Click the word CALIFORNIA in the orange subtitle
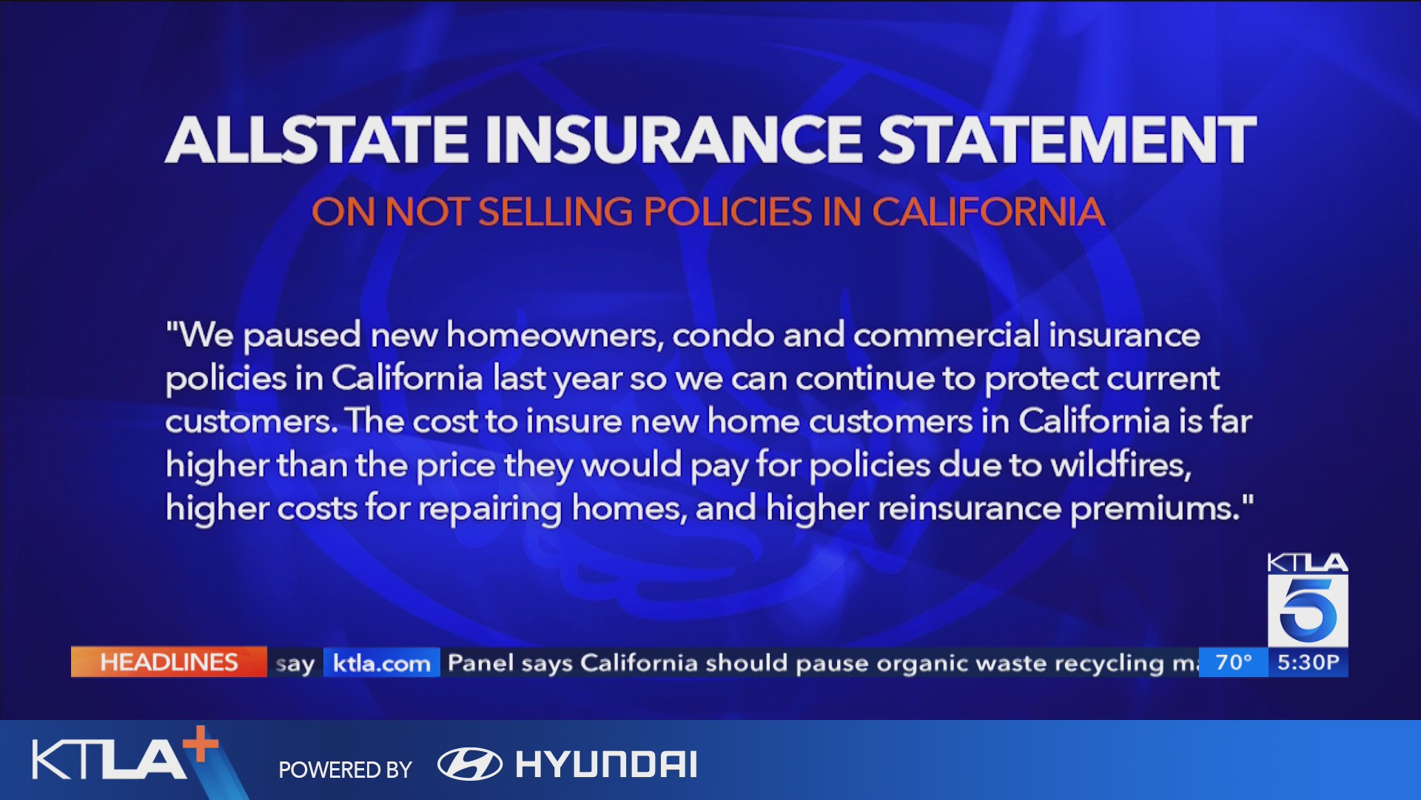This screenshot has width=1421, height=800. (x=988, y=212)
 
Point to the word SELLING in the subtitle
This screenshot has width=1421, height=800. (x=555, y=212)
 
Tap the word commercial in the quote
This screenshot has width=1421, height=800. (x=946, y=336)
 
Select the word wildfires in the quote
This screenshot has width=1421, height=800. (x=1121, y=465)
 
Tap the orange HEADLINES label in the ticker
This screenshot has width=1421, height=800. (x=169, y=662)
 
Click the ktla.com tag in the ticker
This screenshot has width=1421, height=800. (x=382, y=663)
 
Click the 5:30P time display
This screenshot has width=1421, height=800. (x=1308, y=662)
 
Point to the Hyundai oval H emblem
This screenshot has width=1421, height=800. (x=470, y=764)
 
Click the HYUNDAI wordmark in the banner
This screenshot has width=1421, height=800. (x=606, y=764)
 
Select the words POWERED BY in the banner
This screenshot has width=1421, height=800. (x=345, y=770)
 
